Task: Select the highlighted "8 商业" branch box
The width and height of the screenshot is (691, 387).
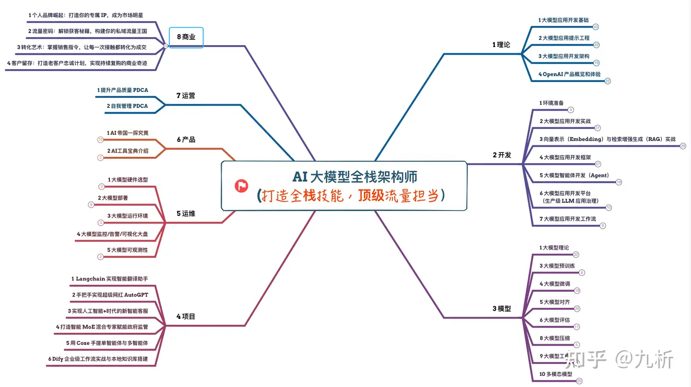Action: [186, 37]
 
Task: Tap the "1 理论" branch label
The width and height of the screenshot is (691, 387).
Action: [501, 45]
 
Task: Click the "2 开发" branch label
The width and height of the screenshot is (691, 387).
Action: [501, 155]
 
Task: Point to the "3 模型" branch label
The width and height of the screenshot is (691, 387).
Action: [501, 309]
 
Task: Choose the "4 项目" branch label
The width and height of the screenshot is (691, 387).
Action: [186, 317]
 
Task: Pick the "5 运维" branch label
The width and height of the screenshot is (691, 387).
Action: [186, 213]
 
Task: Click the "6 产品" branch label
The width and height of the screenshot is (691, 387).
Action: [186, 140]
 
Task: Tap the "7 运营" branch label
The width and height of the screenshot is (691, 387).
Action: [186, 95]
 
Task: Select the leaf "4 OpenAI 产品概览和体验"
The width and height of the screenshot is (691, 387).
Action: [569, 74]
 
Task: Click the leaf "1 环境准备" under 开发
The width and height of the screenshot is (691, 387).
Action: [551, 103]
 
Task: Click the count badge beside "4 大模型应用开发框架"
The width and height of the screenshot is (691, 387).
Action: [598, 164]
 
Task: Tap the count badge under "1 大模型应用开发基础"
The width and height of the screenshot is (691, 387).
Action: [596, 27]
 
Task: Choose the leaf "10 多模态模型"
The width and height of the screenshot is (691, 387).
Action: [556, 374]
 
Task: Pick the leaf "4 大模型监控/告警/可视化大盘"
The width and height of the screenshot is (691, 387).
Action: [112, 234]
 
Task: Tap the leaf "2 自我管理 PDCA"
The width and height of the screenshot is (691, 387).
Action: [127, 106]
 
